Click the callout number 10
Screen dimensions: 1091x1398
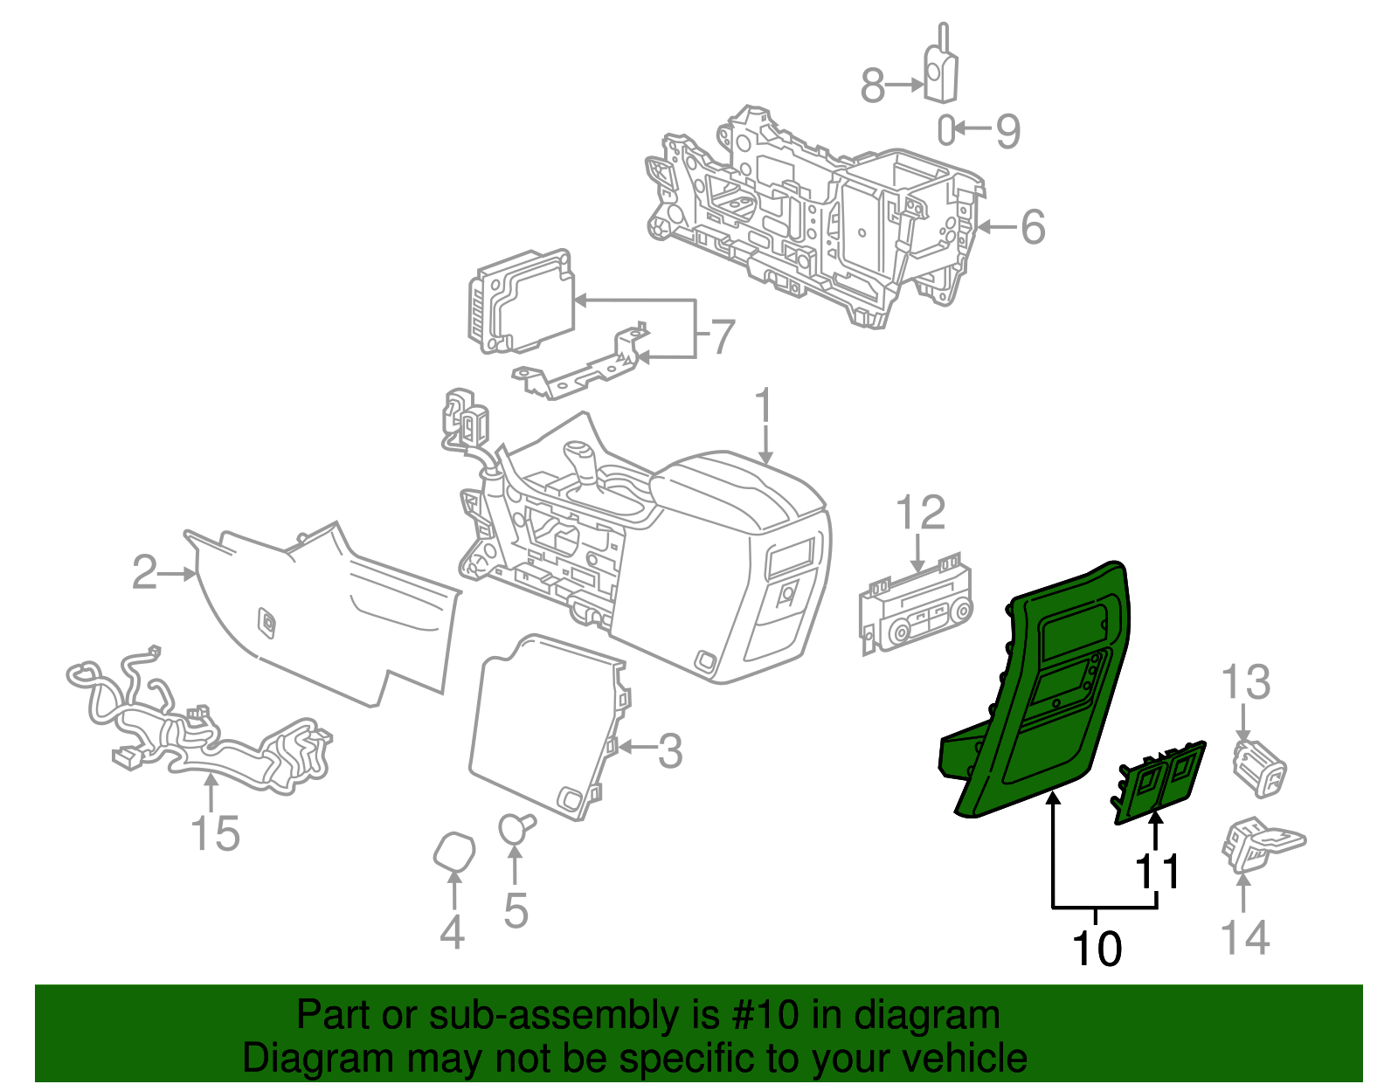(x=1097, y=949)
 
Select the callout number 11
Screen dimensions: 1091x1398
(x=1158, y=872)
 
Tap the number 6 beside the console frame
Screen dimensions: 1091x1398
(x=1033, y=227)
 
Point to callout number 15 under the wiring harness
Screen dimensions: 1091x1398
(x=215, y=833)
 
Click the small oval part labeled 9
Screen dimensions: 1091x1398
(x=946, y=130)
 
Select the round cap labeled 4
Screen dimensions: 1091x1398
(x=454, y=852)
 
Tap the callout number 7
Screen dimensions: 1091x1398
(x=722, y=337)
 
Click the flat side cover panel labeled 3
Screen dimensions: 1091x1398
(x=542, y=725)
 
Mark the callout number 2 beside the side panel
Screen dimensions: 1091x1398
(x=144, y=573)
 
